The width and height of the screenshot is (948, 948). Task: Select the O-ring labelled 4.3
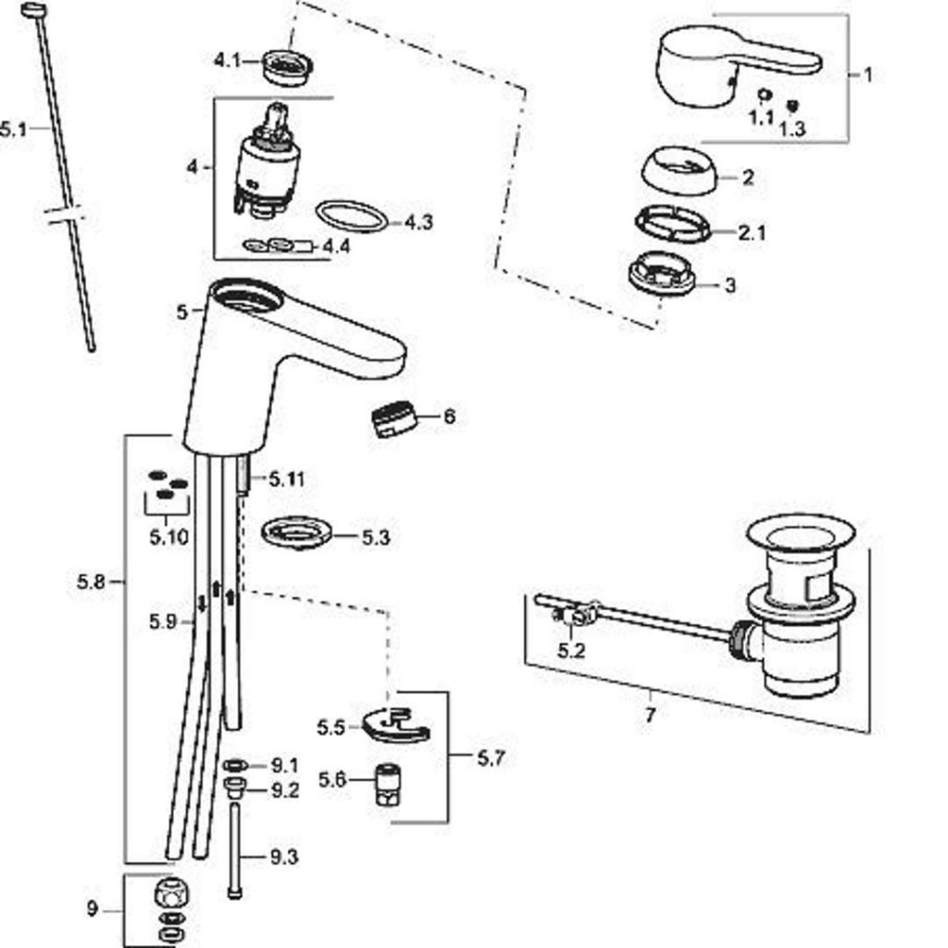(351, 217)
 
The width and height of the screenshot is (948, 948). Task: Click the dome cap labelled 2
(679, 171)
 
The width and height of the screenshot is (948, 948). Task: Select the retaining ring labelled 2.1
(673, 224)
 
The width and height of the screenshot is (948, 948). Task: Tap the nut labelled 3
(661, 275)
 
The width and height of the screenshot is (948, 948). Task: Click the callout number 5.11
(287, 480)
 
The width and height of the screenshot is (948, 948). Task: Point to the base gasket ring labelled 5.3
(296, 533)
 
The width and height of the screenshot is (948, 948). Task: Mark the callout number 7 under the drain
(650, 716)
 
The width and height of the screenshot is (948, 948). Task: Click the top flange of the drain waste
(800, 534)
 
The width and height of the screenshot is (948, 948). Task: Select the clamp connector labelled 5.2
(575, 616)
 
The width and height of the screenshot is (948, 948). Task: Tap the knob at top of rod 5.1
(34, 10)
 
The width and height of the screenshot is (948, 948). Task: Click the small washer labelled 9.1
(235, 766)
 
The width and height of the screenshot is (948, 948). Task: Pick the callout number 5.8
(93, 582)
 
